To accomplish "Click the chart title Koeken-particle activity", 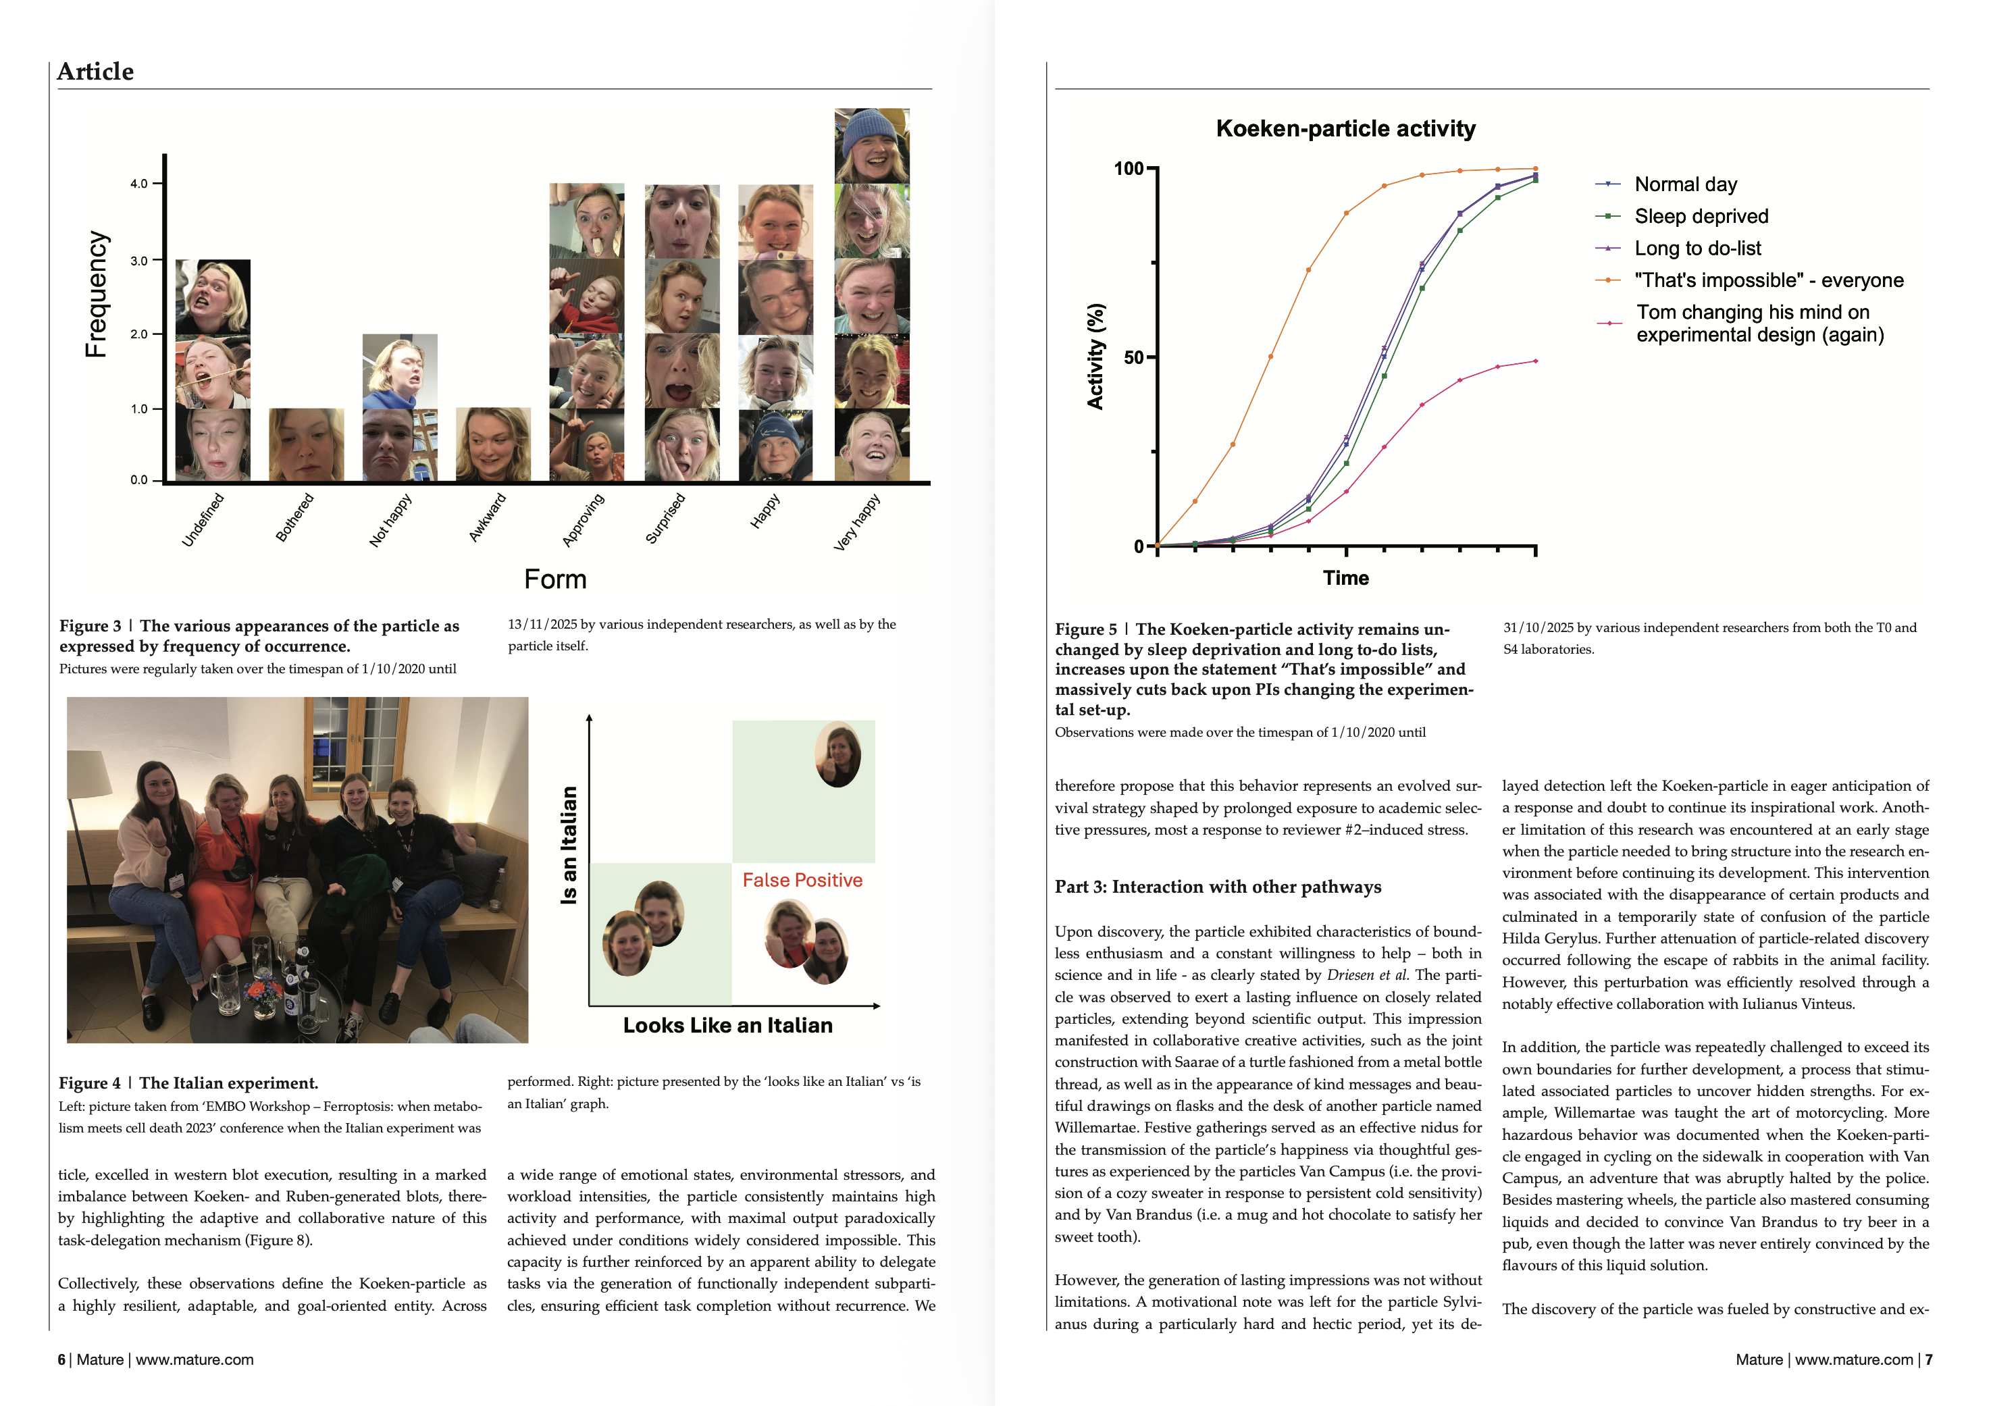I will (1345, 129).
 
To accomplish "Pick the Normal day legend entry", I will (1685, 184).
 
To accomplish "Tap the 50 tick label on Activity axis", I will (1133, 357).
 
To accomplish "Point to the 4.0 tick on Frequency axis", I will (138, 184).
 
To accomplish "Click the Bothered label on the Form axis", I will (295, 519).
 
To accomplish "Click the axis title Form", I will (555, 579).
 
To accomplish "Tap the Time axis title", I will (1345, 578).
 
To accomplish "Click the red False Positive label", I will (802, 880).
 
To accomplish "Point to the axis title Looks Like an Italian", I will (727, 1025).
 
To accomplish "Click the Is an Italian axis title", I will (569, 845).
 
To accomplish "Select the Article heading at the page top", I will (95, 72).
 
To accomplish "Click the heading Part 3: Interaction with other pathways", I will (1218, 887).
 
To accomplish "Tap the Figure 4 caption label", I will (89, 1083).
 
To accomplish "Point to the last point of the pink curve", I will (1536, 361).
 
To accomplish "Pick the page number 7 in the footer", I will (1929, 1359).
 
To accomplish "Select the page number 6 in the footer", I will (61, 1359).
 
